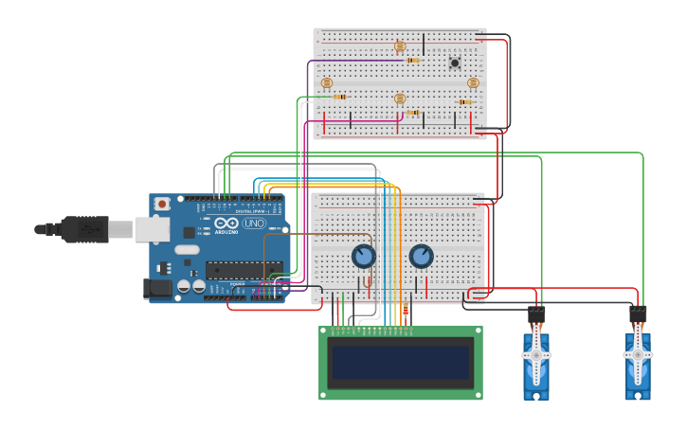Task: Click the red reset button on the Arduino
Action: point(162,203)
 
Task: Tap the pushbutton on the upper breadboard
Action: point(455,63)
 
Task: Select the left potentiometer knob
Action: point(363,256)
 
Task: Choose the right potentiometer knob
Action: point(421,256)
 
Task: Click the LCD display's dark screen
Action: point(400,363)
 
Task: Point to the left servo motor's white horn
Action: point(535,355)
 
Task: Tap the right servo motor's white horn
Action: point(638,355)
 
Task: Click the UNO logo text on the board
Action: point(254,223)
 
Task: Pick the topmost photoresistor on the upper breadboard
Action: point(400,45)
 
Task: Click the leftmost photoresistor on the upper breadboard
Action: point(327,83)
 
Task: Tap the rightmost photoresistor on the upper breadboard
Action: point(473,83)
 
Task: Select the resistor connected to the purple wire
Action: point(413,61)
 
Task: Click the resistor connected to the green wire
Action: point(340,97)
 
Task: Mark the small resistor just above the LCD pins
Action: point(406,310)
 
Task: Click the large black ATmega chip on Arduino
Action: point(244,270)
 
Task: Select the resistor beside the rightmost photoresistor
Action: point(465,102)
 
